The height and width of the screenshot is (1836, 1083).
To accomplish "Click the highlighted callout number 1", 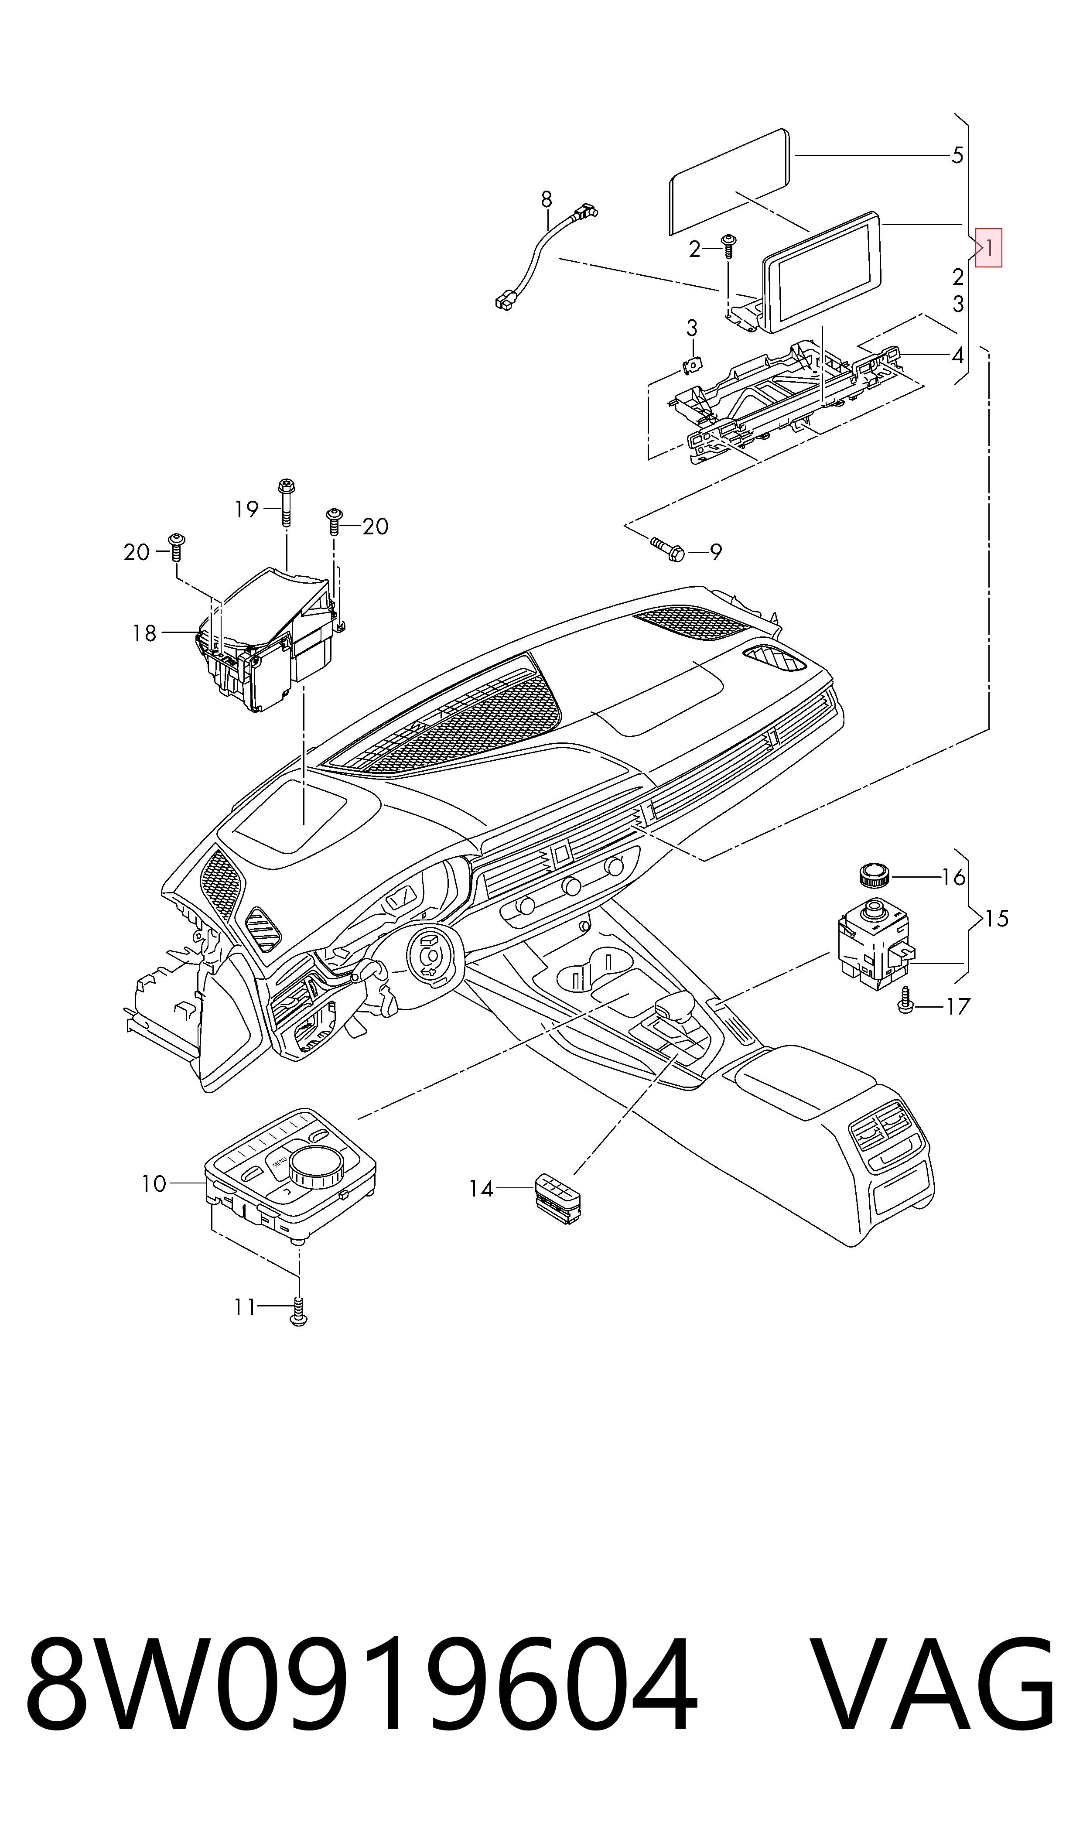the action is coord(989,248).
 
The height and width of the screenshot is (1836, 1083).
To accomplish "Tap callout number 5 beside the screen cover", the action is coord(957,155).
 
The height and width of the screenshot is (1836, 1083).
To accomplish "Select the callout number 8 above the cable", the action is coord(547,199).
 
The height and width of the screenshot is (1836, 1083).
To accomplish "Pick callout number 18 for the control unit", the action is coord(144,633).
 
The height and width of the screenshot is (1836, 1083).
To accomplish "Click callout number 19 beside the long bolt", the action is coord(247,509).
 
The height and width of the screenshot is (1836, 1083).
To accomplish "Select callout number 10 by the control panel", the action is coord(154,1183).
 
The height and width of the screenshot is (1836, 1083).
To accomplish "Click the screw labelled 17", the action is coord(905,1000).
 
